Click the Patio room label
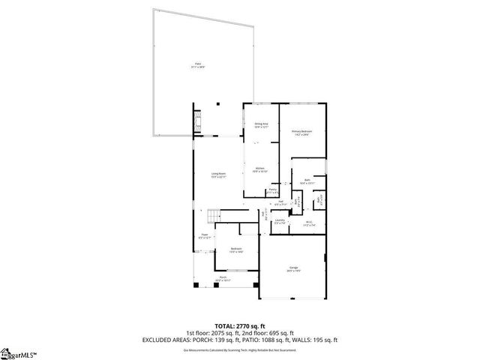198,66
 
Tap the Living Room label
218,175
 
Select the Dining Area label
261,126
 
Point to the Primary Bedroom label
302,133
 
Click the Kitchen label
259,169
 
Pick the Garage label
293,269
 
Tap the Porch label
223,279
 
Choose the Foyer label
204,236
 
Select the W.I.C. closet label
309,223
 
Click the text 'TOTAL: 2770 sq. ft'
239,326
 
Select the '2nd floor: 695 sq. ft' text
271,333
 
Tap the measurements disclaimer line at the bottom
239,349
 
